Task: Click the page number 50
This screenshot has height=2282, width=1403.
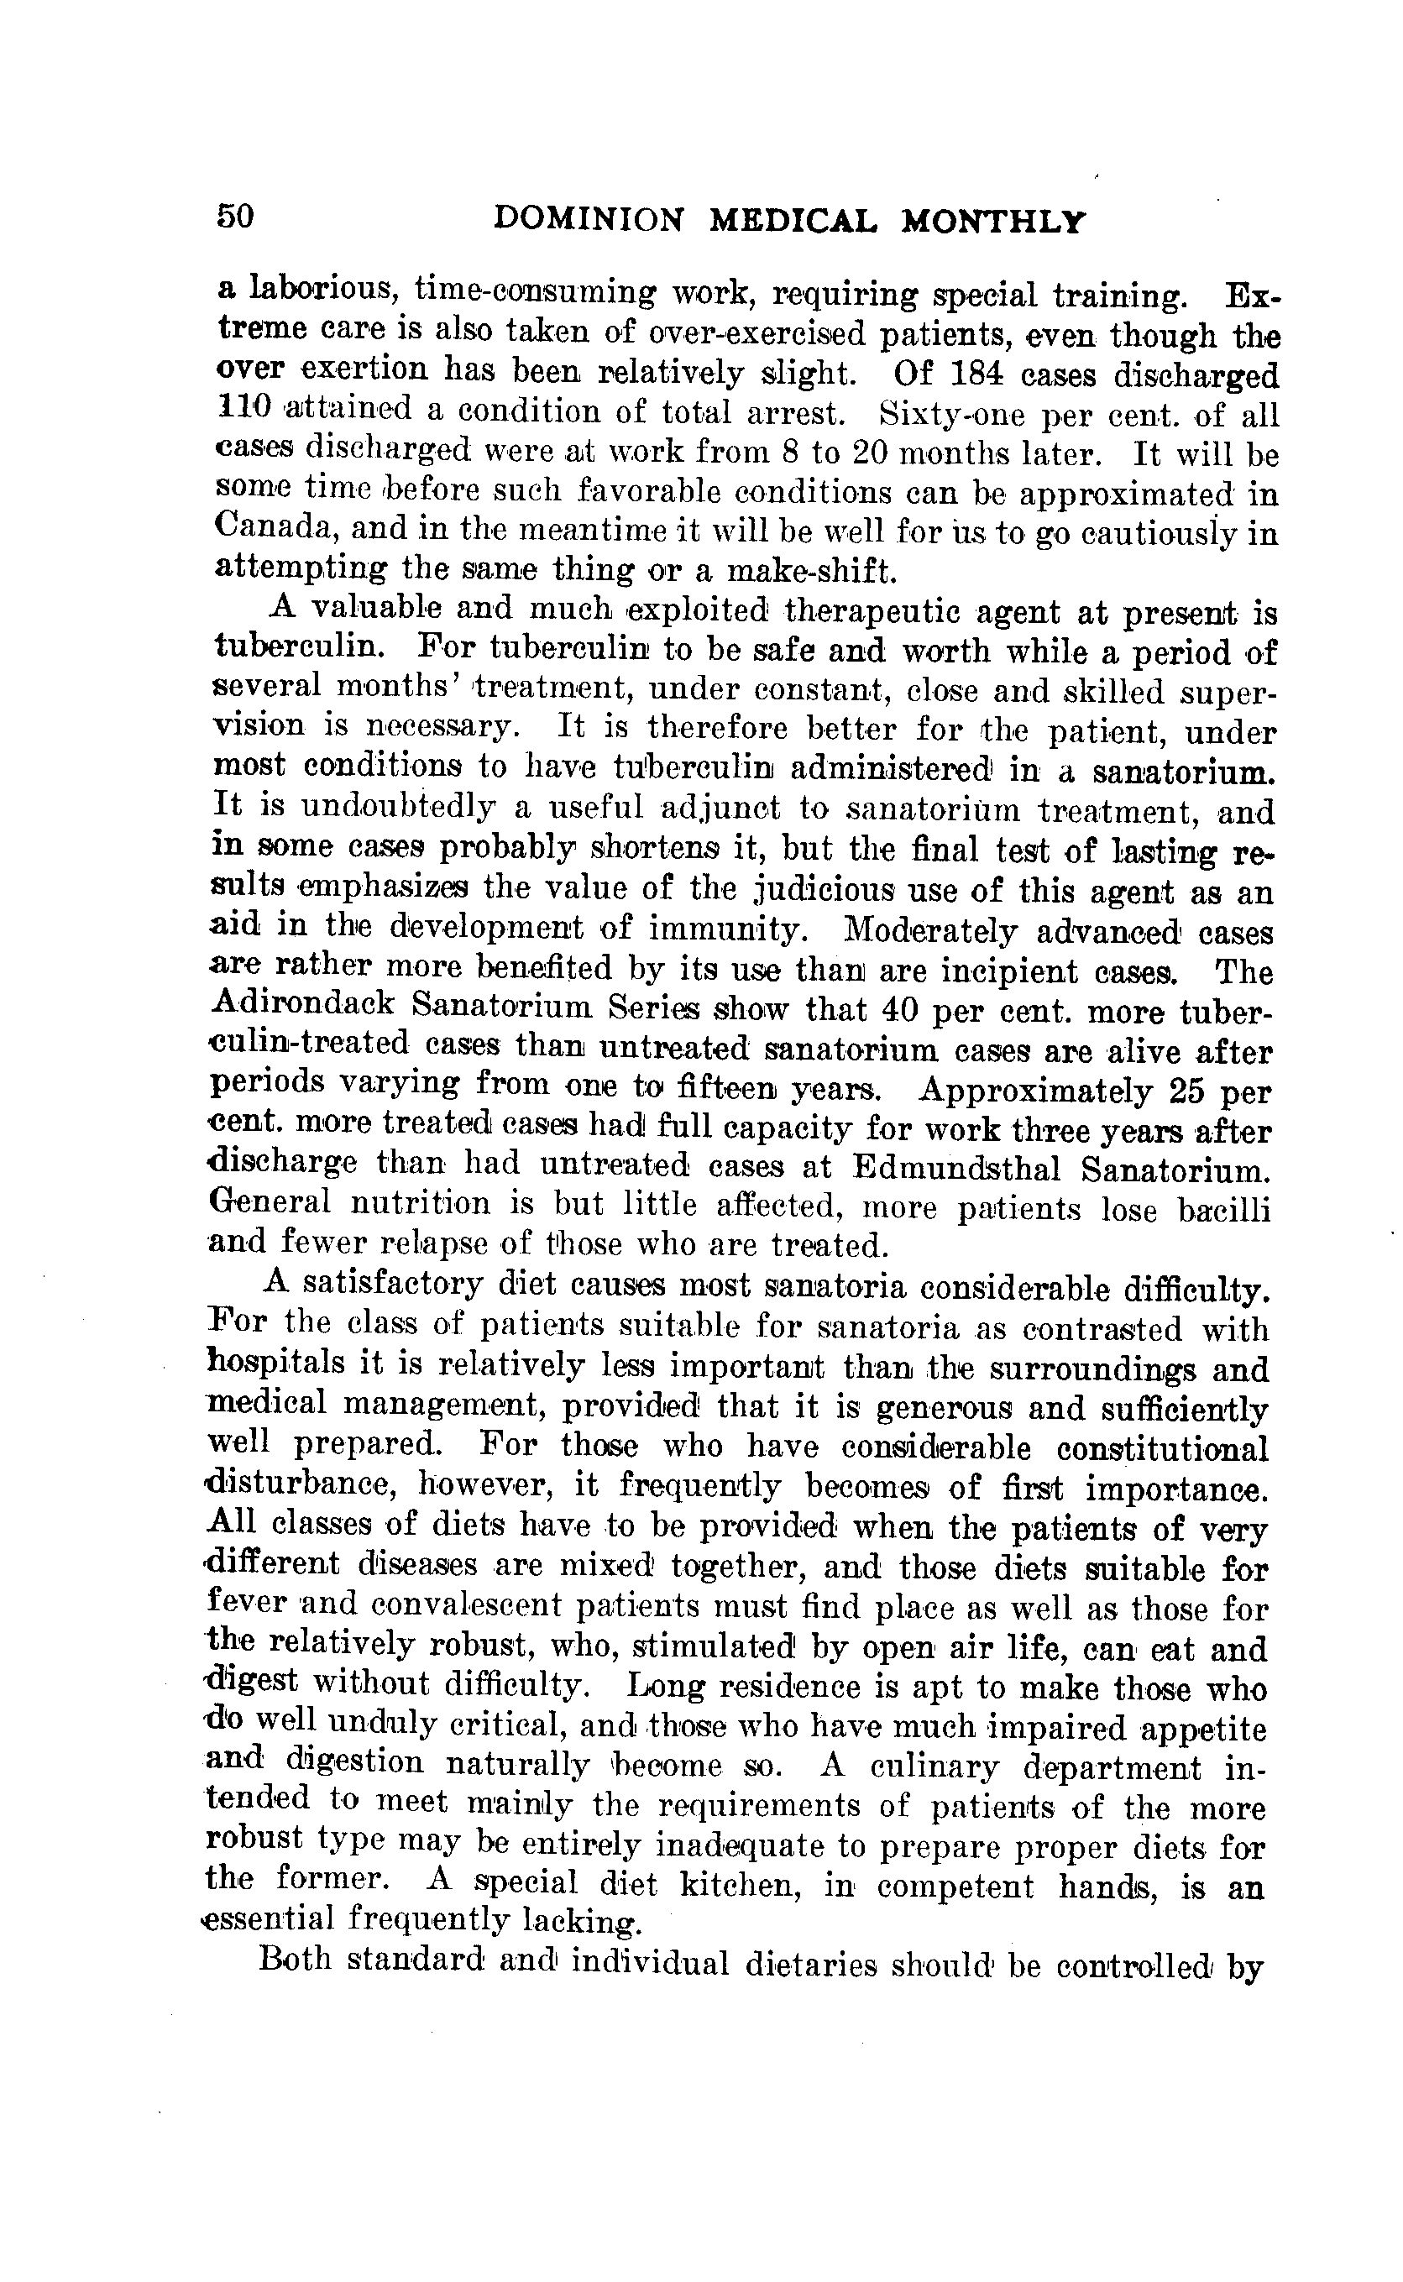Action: coord(235,216)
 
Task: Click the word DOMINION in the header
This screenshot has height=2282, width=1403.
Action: coord(589,220)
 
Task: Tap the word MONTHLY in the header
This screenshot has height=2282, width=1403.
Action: coord(994,222)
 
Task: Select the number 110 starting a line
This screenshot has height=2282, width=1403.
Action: coord(244,407)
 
